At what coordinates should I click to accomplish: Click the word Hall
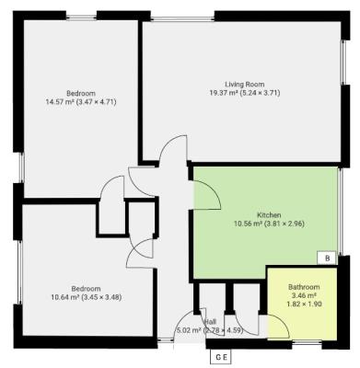point(211,321)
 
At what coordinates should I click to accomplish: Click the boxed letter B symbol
point(326,259)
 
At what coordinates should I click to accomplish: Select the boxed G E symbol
point(221,356)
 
